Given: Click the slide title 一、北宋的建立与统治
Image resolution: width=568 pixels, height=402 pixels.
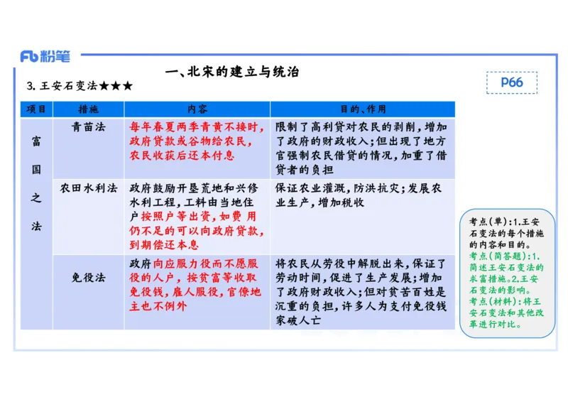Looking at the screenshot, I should (231, 72).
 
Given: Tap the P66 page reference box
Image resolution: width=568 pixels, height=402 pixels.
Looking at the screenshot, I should (511, 82).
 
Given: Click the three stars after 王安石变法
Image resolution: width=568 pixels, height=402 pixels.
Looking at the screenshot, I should (116, 87).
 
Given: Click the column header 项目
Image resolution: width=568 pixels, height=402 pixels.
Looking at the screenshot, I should (36, 109).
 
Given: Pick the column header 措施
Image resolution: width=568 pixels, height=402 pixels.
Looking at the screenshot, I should (89, 109).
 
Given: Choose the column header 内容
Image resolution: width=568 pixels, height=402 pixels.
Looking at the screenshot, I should (197, 109).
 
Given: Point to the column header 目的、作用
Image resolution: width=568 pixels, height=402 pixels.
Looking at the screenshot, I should (362, 109).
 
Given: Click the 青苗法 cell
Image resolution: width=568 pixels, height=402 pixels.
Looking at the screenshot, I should (89, 127).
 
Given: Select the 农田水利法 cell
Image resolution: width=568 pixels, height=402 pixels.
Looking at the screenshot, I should (89, 188).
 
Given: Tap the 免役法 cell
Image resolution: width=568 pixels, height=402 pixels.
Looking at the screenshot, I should (89, 278).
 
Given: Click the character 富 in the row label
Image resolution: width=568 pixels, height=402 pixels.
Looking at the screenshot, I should (36, 141).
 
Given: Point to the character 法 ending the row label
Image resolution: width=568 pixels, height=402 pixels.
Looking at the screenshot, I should (36, 226).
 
